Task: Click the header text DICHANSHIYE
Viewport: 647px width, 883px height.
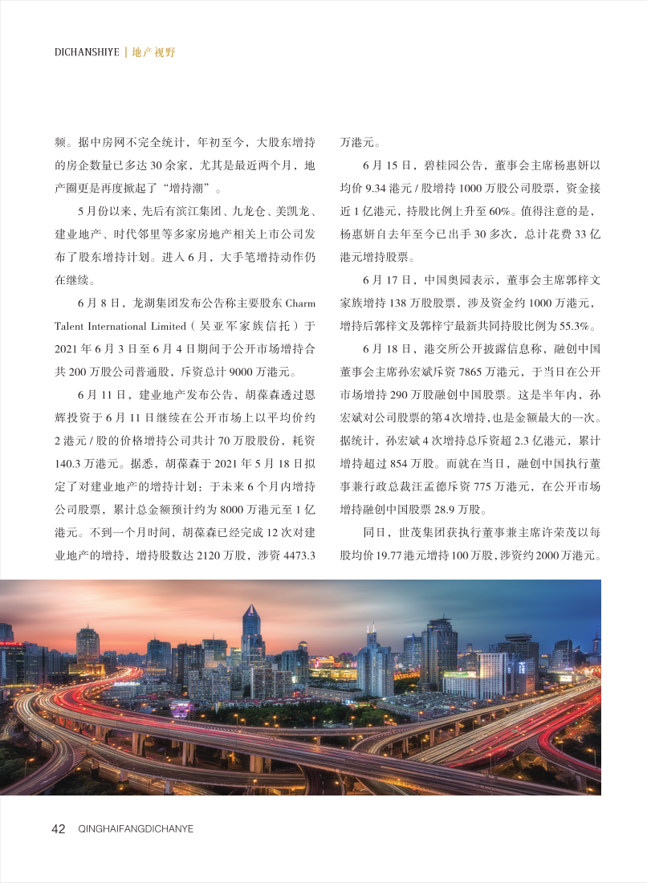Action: pyautogui.click(x=87, y=52)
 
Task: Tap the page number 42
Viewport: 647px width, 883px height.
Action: pyautogui.click(x=58, y=828)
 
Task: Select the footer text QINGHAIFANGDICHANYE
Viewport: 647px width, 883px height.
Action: pyautogui.click(x=136, y=829)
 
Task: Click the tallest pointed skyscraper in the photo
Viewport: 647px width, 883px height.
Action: pyautogui.click(x=251, y=634)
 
